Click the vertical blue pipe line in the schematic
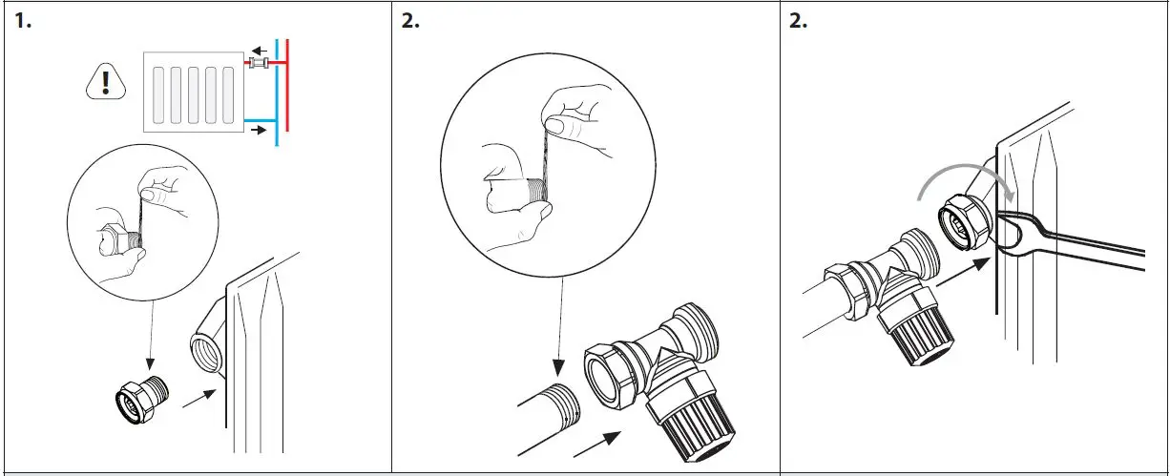click(276, 95)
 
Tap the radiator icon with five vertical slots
click(187, 92)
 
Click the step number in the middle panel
click(410, 22)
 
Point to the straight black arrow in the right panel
click(959, 276)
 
